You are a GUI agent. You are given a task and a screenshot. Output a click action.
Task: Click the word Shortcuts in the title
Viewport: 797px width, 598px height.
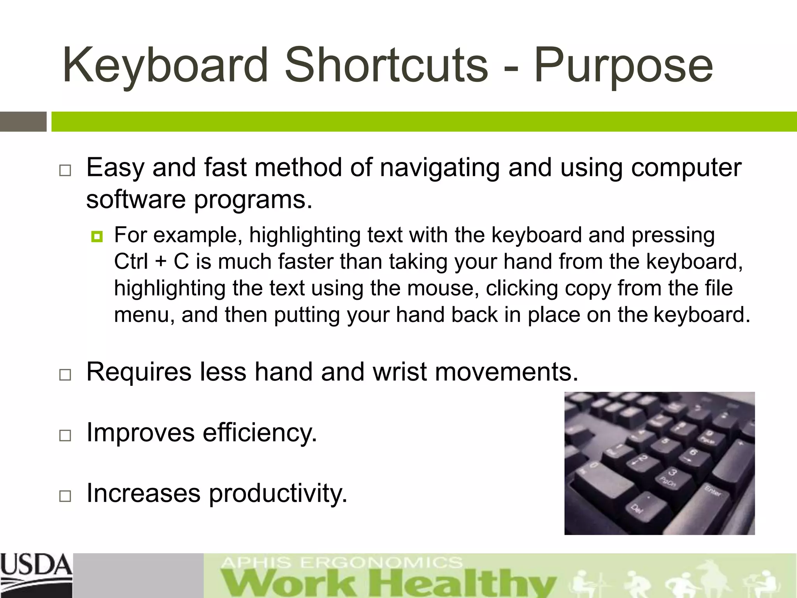pyautogui.click(x=386, y=65)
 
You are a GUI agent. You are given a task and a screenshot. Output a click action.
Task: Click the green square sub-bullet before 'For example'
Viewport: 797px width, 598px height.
pyautogui.click(x=97, y=236)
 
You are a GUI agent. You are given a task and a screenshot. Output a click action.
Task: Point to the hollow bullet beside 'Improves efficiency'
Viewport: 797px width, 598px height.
pyautogui.click(x=65, y=435)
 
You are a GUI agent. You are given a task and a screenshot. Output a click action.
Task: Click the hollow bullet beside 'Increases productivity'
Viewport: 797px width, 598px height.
pyautogui.click(x=65, y=496)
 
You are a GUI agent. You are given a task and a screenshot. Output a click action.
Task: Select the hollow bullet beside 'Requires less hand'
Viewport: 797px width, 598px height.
pyautogui.click(x=65, y=375)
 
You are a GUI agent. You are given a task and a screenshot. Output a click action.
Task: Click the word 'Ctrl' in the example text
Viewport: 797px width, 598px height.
pyautogui.click(x=131, y=261)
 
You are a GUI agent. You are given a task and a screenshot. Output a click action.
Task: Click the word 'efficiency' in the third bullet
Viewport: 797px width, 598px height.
pyautogui.click(x=260, y=433)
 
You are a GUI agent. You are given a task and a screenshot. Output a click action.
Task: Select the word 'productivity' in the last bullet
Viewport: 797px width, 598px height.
pyautogui.click(x=278, y=494)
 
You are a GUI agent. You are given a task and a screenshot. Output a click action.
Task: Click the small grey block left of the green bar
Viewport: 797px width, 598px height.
pyautogui.click(x=23, y=121)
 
